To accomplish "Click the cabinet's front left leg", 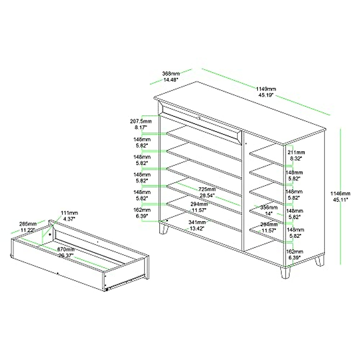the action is pyautogui.click(x=163, y=229).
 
